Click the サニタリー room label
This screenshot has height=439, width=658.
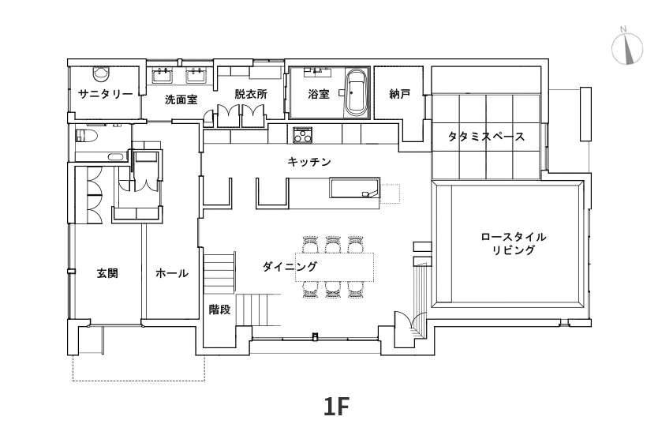coord(106,94)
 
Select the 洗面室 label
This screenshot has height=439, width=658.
coord(181,99)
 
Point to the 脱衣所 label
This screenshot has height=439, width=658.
coord(251,94)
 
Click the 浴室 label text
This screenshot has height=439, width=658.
coord(319,94)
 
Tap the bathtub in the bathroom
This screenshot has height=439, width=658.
coord(356,92)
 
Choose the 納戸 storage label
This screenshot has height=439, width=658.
coord(400,94)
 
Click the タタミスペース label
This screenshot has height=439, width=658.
coord(486,136)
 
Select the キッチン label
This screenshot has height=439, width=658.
coord(309,161)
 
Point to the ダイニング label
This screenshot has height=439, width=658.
coord(290,267)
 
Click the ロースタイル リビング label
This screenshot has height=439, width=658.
coord(514,243)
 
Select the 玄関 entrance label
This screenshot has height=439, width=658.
coord(107,273)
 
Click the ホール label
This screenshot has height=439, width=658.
coord(171,273)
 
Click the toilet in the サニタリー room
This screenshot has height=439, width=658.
coord(99,73)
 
